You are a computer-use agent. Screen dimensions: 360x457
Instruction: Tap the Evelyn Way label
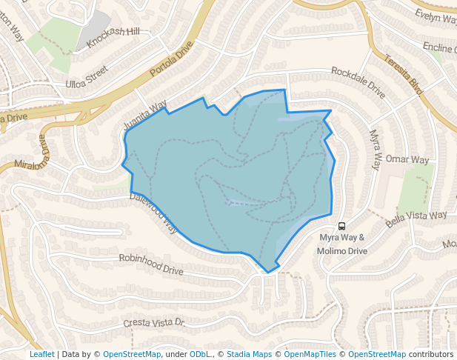(x=436, y=16)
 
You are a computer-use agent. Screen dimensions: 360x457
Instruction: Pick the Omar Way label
(x=407, y=160)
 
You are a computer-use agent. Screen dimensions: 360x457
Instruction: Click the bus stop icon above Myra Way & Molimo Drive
(x=341, y=225)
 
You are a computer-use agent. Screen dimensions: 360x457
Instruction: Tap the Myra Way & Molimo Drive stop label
(x=343, y=244)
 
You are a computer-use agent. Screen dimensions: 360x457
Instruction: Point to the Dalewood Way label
(x=154, y=212)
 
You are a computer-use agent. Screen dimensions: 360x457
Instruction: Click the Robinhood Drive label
(x=151, y=264)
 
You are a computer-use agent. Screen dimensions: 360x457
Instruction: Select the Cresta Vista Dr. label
(x=153, y=323)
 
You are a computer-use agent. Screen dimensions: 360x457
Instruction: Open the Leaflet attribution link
(x=41, y=354)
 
